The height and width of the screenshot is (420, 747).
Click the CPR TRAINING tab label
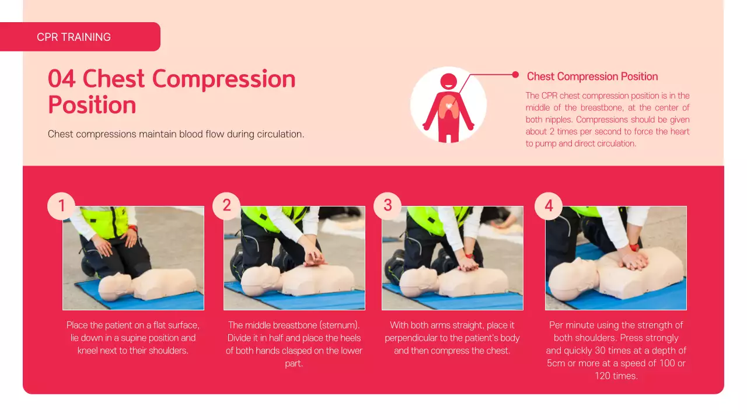pyautogui.click(x=74, y=37)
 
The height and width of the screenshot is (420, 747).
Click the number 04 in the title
pyautogui.click(x=62, y=79)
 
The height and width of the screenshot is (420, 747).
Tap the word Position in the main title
pyautogui.click(x=92, y=105)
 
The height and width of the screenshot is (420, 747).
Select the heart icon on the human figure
pyautogui.click(x=448, y=106)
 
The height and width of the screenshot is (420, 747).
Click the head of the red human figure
pyautogui.click(x=448, y=81)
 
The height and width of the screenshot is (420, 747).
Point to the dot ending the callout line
pyautogui.click(x=515, y=75)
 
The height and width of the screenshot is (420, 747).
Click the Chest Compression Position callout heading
pyautogui.click(x=592, y=76)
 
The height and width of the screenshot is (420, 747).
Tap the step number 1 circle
pyautogui.click(x=61, y=206)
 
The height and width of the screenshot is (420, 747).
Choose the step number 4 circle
pyautogui.click(x=549, y=206)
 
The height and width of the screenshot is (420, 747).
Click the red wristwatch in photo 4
pyautogui.click(x=633, y=247)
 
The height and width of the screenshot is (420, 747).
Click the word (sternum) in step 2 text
pyautogui.click(x=339, y=325)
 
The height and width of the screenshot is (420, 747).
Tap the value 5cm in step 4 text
pyautogui.click(x=557, y=363)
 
